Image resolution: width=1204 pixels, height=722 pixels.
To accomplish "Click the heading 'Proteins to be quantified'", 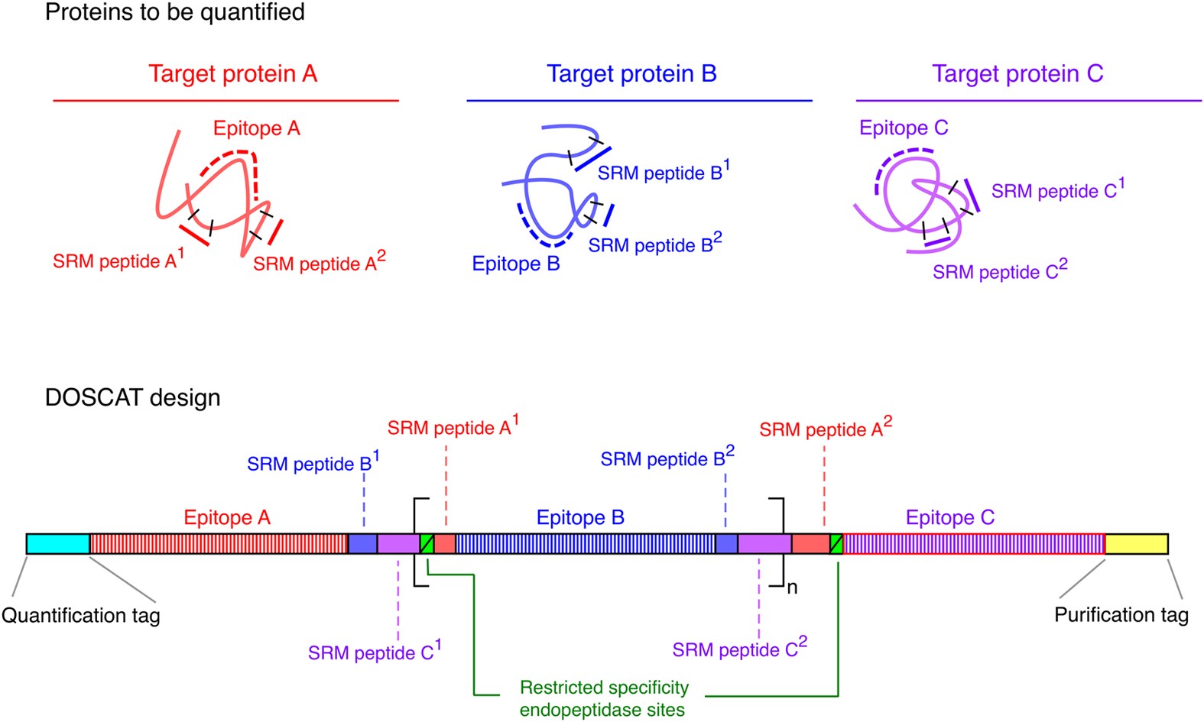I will (175, 12).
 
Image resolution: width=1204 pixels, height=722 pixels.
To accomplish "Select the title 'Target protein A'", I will (232, 73).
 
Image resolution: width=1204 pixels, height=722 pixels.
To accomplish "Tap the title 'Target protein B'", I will (631, 73).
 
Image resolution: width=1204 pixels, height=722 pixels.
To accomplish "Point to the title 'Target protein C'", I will (1017, 73).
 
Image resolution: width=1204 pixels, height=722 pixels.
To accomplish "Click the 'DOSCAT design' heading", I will (133, 397).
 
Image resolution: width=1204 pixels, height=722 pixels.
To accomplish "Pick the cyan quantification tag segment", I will (58, 544).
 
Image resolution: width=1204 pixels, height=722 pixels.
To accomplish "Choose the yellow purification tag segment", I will (1136, 544).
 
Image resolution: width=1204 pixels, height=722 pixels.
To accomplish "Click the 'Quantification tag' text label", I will (81, 615).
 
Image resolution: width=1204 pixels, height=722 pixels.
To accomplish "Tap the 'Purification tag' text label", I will (1121, 614).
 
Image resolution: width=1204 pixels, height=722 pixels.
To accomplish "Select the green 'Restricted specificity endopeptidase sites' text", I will (604, 698).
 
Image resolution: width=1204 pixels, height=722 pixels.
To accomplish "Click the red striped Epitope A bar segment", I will (219, 544).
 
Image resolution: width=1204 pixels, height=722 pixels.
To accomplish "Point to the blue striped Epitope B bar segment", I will (585, 544).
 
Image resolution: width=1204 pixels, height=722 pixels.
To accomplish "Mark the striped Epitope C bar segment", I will (974, 544).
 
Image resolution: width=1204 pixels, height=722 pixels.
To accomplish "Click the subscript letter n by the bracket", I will (792, 588).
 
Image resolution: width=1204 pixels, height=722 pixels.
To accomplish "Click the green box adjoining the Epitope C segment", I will (836, 544).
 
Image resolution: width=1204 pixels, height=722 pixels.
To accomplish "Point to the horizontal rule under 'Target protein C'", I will (1028, 101).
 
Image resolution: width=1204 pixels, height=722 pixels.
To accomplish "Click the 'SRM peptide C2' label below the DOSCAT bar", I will (739, 649).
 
